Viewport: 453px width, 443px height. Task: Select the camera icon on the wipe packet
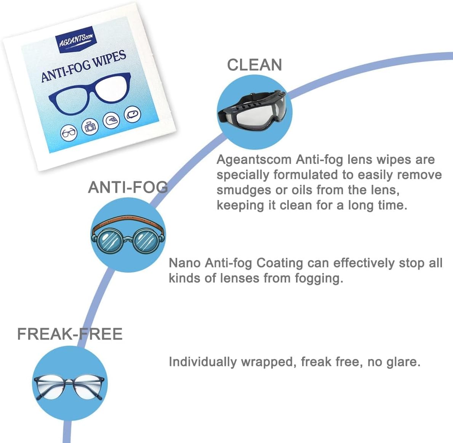point(91,126)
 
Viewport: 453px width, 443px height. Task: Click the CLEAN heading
point(255,65)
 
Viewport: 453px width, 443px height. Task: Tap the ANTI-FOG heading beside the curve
point(128,187)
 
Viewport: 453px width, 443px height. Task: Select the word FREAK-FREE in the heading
point(70,334)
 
